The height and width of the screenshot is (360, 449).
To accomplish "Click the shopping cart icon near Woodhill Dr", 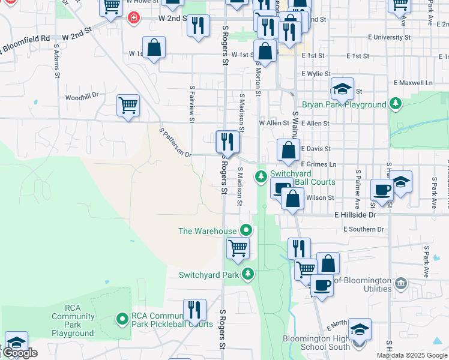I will coord(128,106).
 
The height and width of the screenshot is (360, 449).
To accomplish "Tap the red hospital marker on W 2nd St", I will coord(133,19).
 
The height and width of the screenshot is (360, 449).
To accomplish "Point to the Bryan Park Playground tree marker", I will coord(395,104).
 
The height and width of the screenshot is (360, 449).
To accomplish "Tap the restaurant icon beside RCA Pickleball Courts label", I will coord(194,310).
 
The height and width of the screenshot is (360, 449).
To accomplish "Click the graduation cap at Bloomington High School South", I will coord(360,329).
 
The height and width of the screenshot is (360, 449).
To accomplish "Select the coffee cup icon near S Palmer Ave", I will coord(382,190).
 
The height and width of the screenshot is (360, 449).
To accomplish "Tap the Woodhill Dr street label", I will coord(82,97).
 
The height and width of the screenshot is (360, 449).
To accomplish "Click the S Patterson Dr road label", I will coord(175,142).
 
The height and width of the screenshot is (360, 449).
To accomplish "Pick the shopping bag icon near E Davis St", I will coord(289,150).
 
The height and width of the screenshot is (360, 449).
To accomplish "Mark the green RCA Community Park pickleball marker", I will coord(122,318).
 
